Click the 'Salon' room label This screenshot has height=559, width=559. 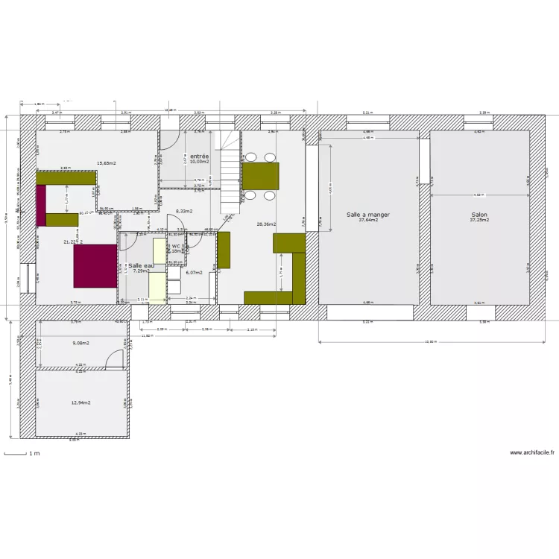point(479,214)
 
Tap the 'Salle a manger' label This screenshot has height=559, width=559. point(368,214)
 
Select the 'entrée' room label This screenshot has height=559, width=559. point(199,156)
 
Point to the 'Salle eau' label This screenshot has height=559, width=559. point(137,265)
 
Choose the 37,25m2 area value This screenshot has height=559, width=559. point(479,220)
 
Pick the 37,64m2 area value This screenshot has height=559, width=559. point(368,220)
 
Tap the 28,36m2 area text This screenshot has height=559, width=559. point(266,224)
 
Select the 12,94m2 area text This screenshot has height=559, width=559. point(80,402)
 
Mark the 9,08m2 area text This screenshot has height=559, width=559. point(80,343)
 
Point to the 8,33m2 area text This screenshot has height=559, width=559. point(184,211)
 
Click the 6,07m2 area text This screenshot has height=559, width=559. point(193,272)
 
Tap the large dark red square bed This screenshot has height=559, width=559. point(95,267)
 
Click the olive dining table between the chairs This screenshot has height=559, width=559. point(261,177)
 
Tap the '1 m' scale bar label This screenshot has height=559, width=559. point(34,453)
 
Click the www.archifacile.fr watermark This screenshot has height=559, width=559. point(531,452)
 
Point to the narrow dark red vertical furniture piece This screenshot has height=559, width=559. point(42,202)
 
